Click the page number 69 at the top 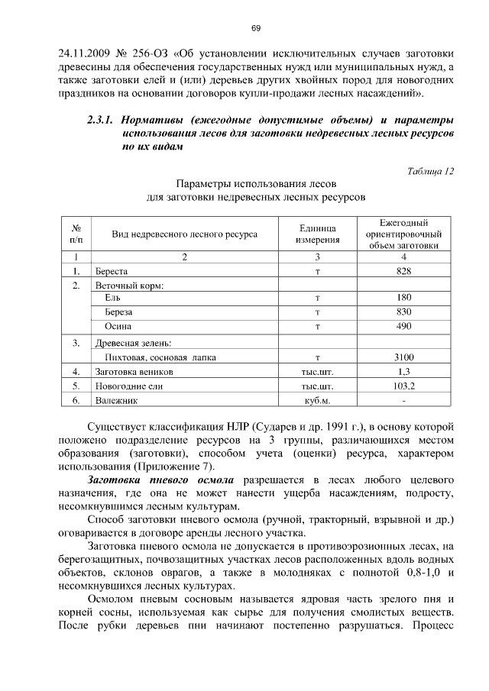click(256, 29)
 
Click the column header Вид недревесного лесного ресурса click(184, 234)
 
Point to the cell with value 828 click(403, 271)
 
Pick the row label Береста click(111, 271)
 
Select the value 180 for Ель click(403, 298)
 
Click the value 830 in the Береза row click(403, 312)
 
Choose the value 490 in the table click(403, 327)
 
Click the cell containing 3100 click(403, 357)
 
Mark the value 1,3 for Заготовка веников click(403, 371)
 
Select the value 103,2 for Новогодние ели click(403, 386)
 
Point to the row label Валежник click(115, 400)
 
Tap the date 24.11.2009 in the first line click(86, 54)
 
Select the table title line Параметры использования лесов click(256, 184)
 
